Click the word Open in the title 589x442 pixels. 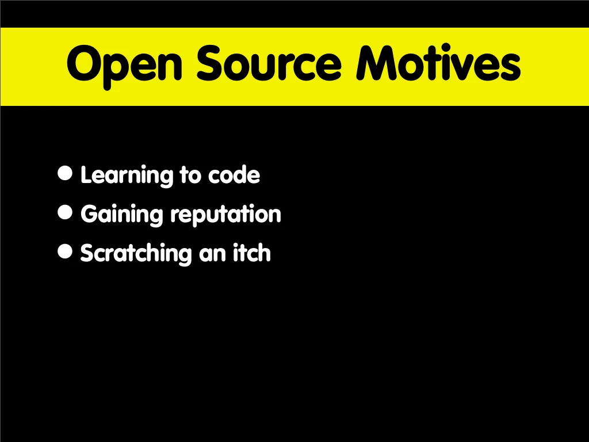point(124,66)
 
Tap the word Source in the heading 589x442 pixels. point(269,63)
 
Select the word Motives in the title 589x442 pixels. point(438,62)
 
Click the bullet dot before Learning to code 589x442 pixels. point(65,173)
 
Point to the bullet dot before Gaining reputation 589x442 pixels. point(65,212)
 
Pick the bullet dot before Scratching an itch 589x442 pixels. point(65,252)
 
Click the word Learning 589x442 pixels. point(127,176)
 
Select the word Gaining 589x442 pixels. point(122,215)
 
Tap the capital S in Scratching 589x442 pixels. point(87,253)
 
